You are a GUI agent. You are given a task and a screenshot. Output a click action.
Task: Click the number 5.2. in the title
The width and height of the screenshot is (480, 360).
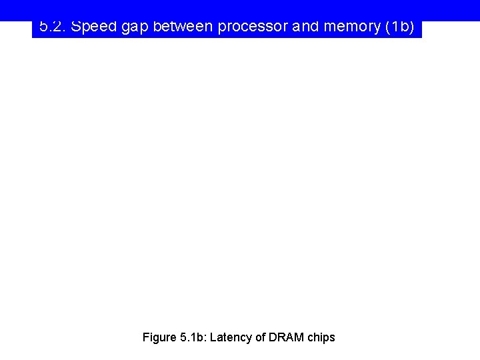(x=52, y=27)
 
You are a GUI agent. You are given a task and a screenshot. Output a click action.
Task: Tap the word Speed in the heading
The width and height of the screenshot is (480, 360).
(x=93, y=27)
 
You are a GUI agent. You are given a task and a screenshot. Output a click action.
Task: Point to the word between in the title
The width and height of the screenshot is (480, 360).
(x=182, y=27)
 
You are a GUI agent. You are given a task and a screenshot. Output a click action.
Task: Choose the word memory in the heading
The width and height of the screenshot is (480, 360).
(x=350, y=27)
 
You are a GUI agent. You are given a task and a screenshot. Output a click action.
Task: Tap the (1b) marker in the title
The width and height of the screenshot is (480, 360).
(x=399, y=27)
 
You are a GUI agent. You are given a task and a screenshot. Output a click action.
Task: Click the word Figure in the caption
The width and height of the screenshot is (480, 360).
(x=159, y=337)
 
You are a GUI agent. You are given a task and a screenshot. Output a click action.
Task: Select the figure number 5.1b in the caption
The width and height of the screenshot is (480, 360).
(x=193, y=337)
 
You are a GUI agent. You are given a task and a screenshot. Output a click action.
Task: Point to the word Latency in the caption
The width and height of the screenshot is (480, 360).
(x=231, y=337)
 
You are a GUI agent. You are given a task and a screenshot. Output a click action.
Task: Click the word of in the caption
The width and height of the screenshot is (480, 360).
(x=260, y=337)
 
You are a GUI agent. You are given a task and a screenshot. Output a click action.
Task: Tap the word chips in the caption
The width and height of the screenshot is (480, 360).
(x=321, y=337)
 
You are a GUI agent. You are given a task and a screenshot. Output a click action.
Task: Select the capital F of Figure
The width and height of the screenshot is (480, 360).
(x=146, y=337)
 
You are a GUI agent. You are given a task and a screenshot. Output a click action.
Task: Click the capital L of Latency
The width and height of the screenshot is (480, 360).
(x=213, y=337)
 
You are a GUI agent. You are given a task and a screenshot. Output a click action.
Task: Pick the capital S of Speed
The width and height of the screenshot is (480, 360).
(x=76, y=27)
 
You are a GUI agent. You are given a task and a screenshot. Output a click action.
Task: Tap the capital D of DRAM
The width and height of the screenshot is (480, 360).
(x=273, y=337)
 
